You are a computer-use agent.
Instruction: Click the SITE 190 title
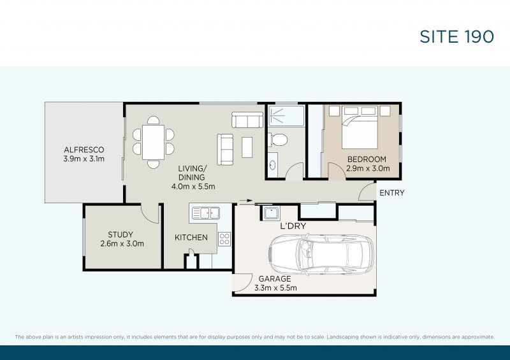(x=456, y=36)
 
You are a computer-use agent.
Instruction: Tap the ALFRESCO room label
(x=84, y=150)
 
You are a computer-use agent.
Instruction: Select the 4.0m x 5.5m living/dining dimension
(x=193, y=187)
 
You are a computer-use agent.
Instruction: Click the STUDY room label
(x=120, y=234)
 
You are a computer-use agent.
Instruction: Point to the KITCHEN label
(x=191, y=238)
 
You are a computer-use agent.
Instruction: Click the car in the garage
(x=321, y=254)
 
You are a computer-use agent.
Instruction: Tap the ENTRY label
(x=392, y=193)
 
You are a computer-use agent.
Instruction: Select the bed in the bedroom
(x=360, y=127)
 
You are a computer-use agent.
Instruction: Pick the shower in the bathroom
(x=286, y=116)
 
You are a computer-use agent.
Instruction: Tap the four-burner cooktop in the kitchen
(x=224, y=239)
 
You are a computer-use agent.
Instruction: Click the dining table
(x=153, y=142)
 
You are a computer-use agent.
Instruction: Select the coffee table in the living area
(x=247, y=147)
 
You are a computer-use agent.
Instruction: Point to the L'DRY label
(x=293, y=226)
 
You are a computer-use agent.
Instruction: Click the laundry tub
(x=271, y=213)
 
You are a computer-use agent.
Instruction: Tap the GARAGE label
(x=275, y=278)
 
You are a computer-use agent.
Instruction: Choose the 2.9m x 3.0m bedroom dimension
(x=368, y=168)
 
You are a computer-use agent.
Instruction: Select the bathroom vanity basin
(x=273, y=165)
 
